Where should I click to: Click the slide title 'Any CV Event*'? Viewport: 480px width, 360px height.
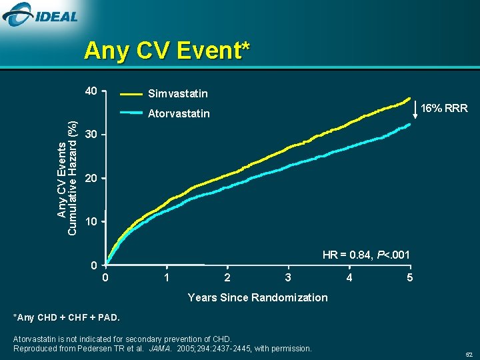pyautogui.click(x=167, y=51)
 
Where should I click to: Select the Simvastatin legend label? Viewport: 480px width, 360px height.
pyautogui.click(x=177, y=94)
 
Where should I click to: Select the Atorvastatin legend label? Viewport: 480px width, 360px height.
pyautogui.click(x=178, y=114)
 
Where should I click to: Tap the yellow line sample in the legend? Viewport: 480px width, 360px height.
pyautogui.click(x=129, y=94)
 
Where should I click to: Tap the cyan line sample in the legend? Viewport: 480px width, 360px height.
pyautogui.click(x=129, y=113)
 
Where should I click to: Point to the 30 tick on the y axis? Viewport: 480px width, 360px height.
pyautogui.click(x=91, y=135)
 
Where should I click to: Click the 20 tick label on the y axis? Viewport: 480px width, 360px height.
pyautogui.click(x=91, y=179)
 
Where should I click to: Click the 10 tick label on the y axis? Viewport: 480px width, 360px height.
pyautogui.click(x=91, y=221)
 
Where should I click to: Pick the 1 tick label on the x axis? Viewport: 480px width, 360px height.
pyautogui.click(x=166, y=277)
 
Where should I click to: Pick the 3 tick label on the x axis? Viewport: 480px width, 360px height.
pyautogui.click(x=287, y=277)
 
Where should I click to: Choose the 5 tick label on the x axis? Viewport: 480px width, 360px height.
pyautogui.click(x=410, y=277)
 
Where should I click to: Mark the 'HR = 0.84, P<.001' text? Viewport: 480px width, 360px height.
pyautogui.click(x=366, y=255)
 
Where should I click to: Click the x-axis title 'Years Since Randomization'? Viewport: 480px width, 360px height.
pyautogui.click(x=257, y=297)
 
